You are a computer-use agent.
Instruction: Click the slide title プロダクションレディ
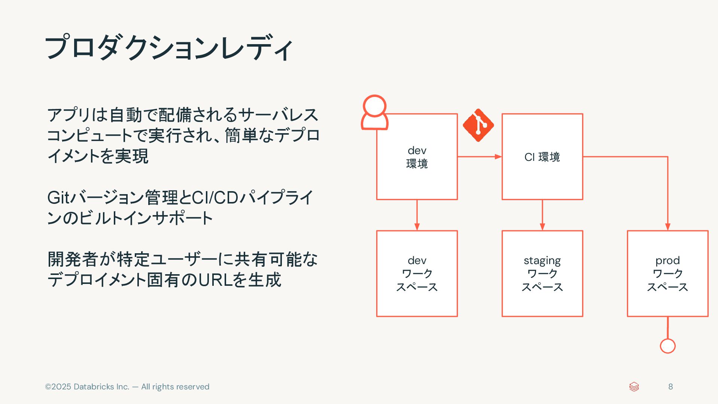point(168,48)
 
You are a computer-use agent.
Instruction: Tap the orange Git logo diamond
point(478,125)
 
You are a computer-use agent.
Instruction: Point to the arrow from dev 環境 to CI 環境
point(479,157)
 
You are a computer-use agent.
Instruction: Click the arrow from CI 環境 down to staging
point(542,215)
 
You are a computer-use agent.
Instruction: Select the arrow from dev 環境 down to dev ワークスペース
point(417,215)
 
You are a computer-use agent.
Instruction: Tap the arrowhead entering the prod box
point(667,226)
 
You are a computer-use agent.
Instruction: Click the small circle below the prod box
point(667,346)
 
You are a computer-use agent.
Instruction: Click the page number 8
point(670,387)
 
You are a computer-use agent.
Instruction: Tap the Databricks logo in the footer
point(634,387)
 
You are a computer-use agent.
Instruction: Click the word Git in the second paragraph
point(58,198)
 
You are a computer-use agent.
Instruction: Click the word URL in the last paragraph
point(215,280)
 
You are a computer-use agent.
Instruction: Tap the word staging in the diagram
point(542,260)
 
